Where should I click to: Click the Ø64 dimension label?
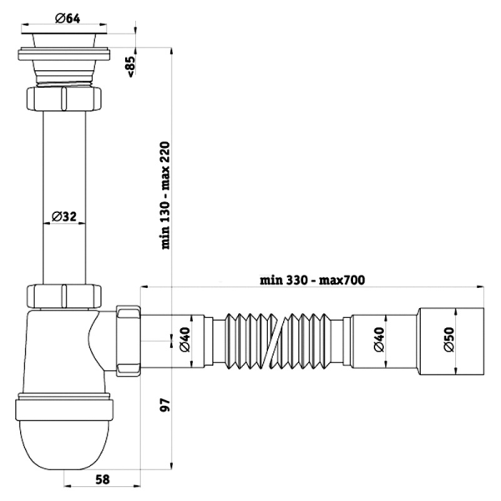(x=68, y=18)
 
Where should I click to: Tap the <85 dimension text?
(x=131, y=67)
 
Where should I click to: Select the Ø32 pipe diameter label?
(x=64, y=216)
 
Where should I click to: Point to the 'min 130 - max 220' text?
(x=165, y=195)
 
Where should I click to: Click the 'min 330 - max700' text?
(x=311, y=281)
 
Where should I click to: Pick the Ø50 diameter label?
(x=449, y=339)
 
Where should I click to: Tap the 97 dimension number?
(x=165, y=405)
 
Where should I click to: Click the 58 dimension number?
(x=102, y=479)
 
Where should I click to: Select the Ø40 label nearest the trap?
(x=185, y=339)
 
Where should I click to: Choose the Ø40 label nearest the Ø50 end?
(x=379, y=339)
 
